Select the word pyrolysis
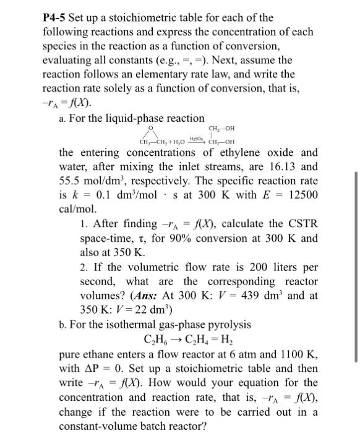coord(225,324)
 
